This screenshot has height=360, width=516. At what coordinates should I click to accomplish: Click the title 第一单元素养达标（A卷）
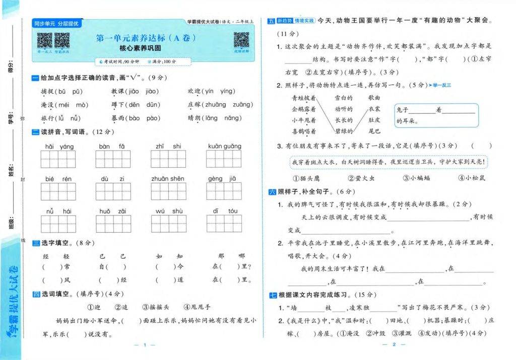point(145,38)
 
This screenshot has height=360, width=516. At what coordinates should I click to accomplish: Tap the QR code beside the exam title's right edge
point(241,40)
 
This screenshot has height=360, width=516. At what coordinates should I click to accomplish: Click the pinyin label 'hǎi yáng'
point(59,147)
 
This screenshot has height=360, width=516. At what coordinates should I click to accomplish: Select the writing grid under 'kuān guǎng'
point(224,159)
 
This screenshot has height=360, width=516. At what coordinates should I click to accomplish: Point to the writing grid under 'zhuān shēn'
point(167,191)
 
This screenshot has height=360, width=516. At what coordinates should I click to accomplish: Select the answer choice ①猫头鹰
point(306,178)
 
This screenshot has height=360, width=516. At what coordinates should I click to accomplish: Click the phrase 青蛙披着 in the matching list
point(304,98)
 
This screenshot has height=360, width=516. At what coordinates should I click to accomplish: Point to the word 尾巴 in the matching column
point(374,131)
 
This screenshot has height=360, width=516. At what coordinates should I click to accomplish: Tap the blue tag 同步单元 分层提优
point(56,24)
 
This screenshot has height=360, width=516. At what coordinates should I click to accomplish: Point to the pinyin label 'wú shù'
point(169,211)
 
